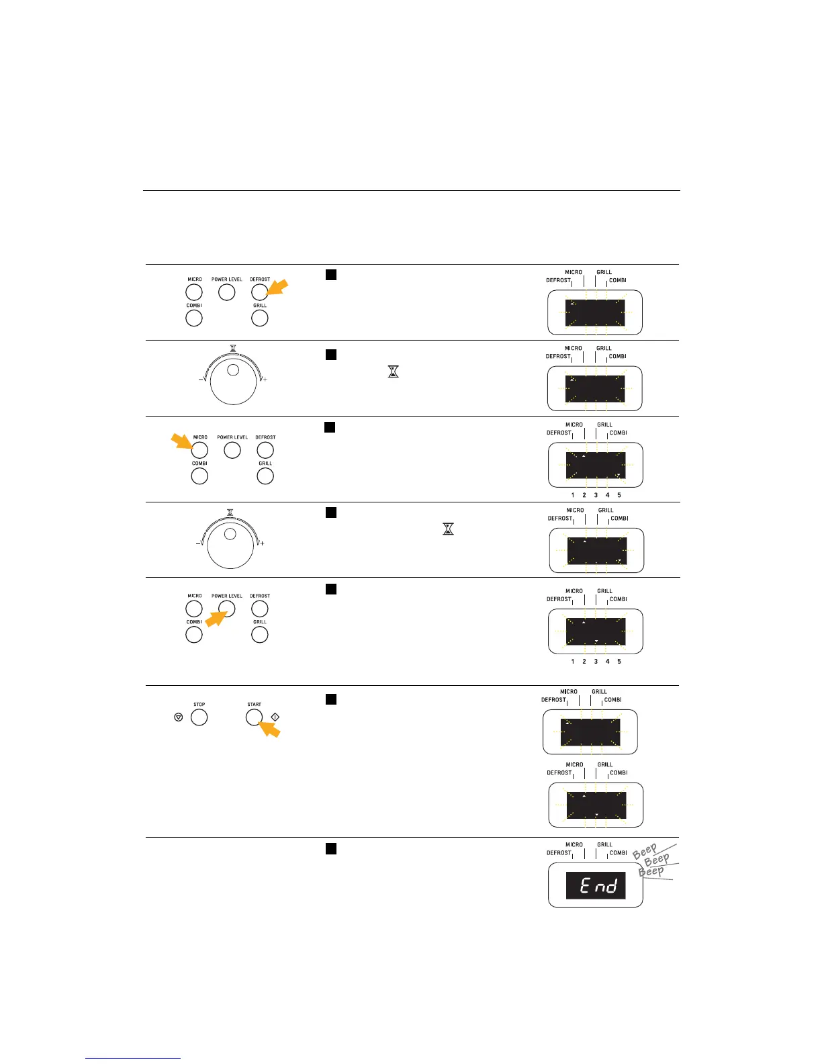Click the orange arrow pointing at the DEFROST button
pos(277,287)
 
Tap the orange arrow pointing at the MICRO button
pos(181,441)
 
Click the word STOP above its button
pos(199,705)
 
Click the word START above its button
pos(254,705)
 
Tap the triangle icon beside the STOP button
pos(178,717)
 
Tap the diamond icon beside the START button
pos(275,717)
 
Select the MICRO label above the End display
pos(574,845)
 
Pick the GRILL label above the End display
pos(604,845)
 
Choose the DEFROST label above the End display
pos(559,853)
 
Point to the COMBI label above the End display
pos(619,853)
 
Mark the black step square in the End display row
pos(330,848)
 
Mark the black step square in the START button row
pos(330,699)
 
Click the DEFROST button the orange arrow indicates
pos(259,292)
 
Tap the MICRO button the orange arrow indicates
pos(199,450)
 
